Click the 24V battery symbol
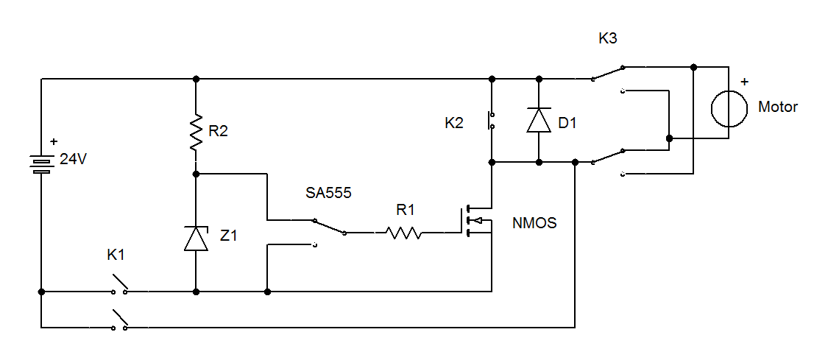click(x=42, y=163)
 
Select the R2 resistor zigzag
click(x=196, y=133)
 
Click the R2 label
click(x=219, y=132)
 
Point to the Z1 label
click(x=230, y=235)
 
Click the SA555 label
click(x=329, y=194)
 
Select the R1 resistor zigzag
click(x=401, y=233)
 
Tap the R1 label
click(x=406, y=210)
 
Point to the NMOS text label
click(x=535, y=222)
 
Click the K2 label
click(x=454, y=123)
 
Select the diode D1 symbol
click(x=539, y=120)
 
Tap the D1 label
click(x=568, y=123)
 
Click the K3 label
click(x=608, y=38)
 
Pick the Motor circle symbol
click(x=729, y=107)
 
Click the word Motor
click(x=778, y=107)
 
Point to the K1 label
click(x=116, y=255)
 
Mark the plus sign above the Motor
click(x=744, y=82)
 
